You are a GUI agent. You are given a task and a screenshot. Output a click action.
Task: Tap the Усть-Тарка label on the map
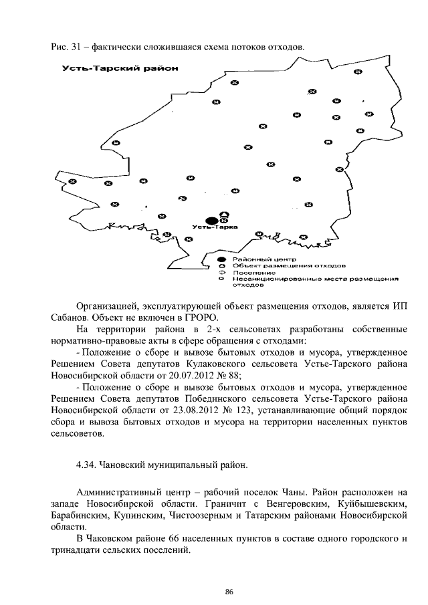(209, 229)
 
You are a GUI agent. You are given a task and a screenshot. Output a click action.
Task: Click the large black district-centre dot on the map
(211, 220)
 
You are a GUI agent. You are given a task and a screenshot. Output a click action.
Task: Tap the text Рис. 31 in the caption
(66, 47)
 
